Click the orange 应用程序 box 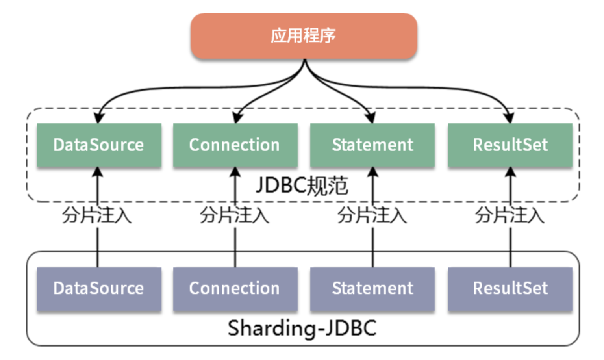(304, 36)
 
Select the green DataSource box (99, 145)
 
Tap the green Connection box (235, 145)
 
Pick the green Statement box (372, 145)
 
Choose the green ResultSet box (510, 145)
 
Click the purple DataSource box (99, 288)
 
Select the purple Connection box (235, 288)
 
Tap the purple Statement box (372, 288)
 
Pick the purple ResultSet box (510, 288)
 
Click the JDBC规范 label (302, 186)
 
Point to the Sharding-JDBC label (302, 328)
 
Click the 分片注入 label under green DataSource (97, 215)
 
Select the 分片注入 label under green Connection (235, 215)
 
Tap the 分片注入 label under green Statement (372, 215)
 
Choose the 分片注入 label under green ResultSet (510, 215)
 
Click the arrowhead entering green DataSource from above (98, 118)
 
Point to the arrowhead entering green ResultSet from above (509, 118)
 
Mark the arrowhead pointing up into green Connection (235, 172)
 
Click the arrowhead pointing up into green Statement (372, 172)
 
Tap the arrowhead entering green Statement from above (371, 118)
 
